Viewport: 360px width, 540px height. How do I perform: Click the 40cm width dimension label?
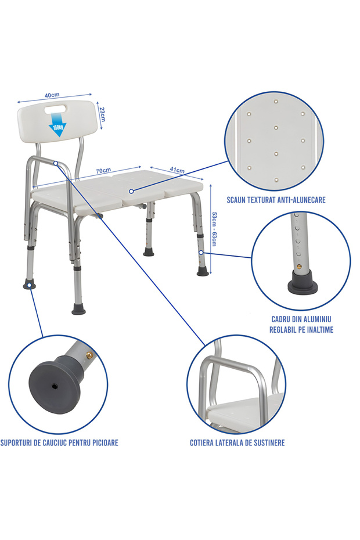pyautogui.click(x=52, y=95)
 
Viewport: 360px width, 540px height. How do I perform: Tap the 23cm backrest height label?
pyautogui.click(x=102, y=114)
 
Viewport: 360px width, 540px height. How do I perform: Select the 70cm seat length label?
pyautogui.click(x=103, y=171)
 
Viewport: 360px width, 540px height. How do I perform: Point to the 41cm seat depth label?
pyautogui.click(x=177, y=170)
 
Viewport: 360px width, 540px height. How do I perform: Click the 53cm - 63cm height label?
pyautogui.click(x=214, y=228)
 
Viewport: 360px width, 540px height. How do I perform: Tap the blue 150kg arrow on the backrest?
pyautogui.click(x=59, y=129)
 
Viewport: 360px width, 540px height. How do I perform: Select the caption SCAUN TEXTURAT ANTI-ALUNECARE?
pyautogui.click(x=276, y=200)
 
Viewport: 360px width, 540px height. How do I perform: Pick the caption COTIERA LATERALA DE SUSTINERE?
pyautogui.click(x=237, y=443)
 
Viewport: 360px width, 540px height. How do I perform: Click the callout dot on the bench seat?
pyautogui.click(x=132, y=191)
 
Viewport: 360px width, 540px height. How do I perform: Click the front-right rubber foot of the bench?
pyautogui.click(x=202, y=271)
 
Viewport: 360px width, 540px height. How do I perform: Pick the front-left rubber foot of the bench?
pyautogui.click(x=78, y=310)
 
